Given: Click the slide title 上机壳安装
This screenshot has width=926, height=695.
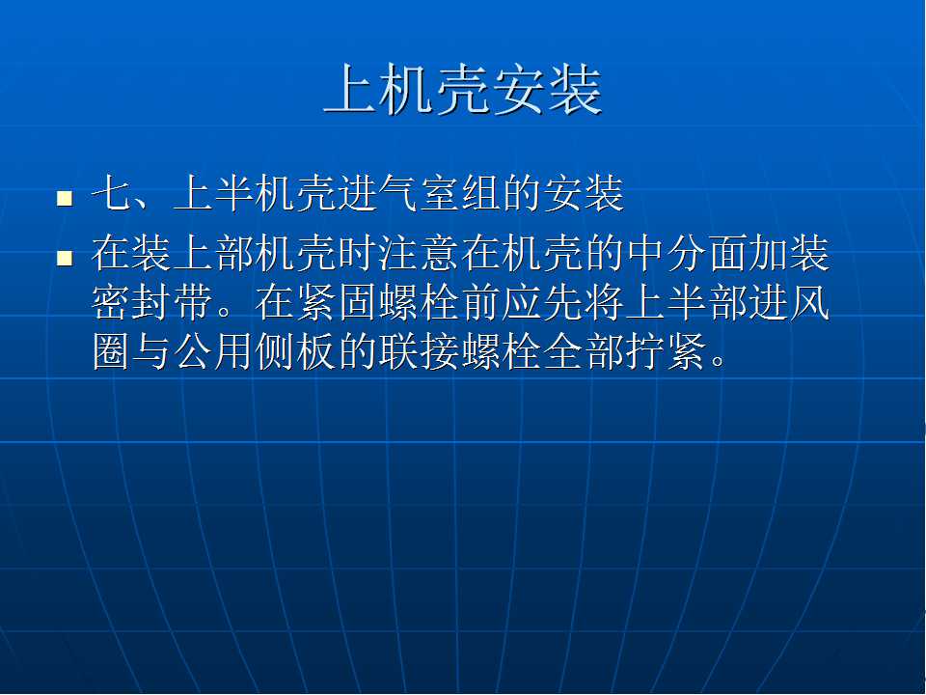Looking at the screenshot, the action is coord(463,89).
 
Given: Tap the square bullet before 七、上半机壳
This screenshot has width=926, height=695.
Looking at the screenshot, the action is coord(65,198).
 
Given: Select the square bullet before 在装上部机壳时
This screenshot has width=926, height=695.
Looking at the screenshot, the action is coord(65,259).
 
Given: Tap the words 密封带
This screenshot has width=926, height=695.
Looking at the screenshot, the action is coord(152,302).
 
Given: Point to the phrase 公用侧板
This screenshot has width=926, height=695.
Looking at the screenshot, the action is coord(255,353).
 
